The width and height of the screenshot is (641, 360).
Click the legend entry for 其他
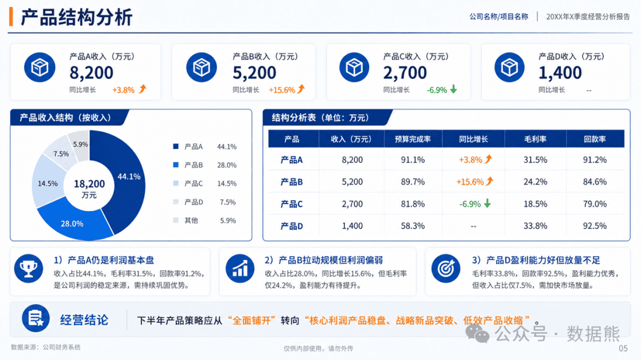coord(204,221)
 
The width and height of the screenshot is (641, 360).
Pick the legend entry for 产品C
coord(204,183)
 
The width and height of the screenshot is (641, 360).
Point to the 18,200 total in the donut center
coord(89,184)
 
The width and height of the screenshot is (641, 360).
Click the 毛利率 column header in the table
coord(535,139)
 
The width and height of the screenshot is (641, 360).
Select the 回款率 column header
coord(595,139)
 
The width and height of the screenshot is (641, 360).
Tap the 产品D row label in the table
coord(291,226)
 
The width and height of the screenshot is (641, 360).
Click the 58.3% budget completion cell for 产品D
coord(412,226)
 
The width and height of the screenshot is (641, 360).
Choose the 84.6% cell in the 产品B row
coord(595,182)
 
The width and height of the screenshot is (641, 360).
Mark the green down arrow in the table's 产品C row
coord(487,203)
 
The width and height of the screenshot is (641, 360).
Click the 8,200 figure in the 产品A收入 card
coord(91,73)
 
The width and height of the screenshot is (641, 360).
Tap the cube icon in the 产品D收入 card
coord(509,68)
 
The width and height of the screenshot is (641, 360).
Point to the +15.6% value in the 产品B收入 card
coord(282,90)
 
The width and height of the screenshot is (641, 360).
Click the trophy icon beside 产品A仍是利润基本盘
coord(28,269)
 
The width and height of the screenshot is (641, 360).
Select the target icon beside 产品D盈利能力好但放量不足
coord(446,269)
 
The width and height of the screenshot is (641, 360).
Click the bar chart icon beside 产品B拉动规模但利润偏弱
coord(240,269)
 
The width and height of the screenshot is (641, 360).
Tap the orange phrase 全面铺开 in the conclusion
coord(252,320)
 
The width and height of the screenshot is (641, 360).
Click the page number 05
coord(623,348)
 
